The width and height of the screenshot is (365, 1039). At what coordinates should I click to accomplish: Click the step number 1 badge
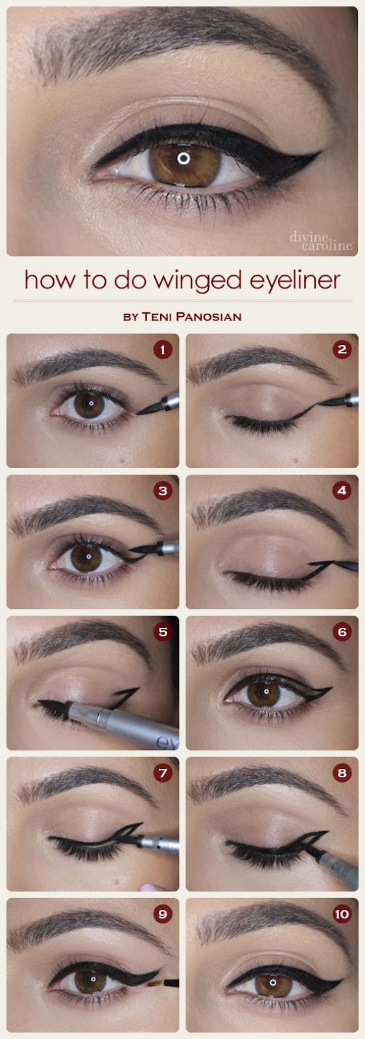click(x=163, y=349)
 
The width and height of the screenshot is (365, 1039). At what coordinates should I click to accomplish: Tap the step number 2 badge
click(x=342, y=349)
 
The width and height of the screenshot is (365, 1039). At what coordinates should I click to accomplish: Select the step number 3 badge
click(x=163, y=490)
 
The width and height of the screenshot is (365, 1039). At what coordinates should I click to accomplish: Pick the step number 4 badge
click(x=342, y=490)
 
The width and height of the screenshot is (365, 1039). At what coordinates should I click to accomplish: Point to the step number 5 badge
click(x=163, y=631)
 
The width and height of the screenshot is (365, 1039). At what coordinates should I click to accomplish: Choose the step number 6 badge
click(x=342, y=631)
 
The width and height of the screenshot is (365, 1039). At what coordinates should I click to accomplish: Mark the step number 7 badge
click(x=163, y=773)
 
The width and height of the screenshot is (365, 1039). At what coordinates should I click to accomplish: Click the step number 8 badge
click(x=342, y=773)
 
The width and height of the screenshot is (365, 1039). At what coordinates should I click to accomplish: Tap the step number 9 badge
click(x=163, y=914)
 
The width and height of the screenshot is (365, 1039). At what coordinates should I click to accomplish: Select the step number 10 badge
click(x=342, y=914)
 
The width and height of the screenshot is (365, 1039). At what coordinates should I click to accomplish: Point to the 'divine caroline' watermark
click(x=321, y=241)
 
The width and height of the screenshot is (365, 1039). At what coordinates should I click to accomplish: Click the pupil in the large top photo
click(x=184, y=158)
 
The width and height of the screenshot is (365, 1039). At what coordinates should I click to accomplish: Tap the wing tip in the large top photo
click(x=319, y=152)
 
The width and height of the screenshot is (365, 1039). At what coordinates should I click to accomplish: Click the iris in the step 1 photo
click(x=89, y=404)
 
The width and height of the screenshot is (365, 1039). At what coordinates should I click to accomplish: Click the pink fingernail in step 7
click(x=150, y=887)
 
